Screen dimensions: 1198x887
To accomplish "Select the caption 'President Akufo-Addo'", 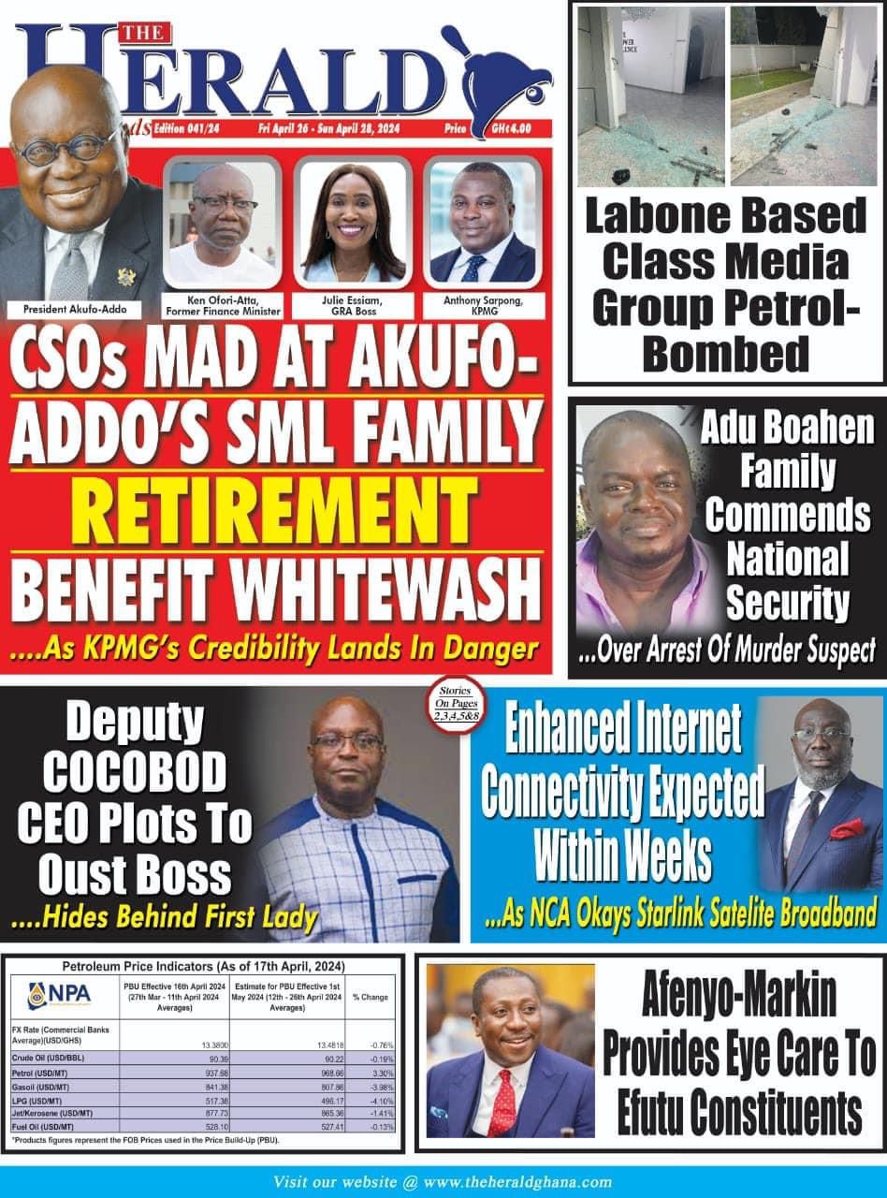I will [76, 307].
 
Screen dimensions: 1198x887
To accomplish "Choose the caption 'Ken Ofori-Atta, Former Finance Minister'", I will [223, 305].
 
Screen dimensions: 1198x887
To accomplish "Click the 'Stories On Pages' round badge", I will [453, 702].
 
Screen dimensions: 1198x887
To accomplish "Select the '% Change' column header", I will [371, 997].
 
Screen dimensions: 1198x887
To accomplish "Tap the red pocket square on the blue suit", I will [849, 828].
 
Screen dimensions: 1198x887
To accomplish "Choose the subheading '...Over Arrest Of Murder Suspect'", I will [727, 650].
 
